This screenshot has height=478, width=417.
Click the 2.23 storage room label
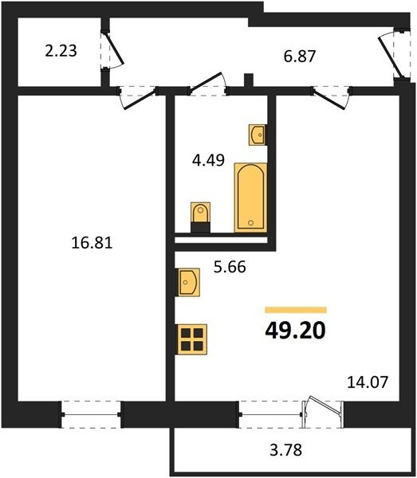[x=61, y=51]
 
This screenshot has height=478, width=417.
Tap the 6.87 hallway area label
[x=300, y=57]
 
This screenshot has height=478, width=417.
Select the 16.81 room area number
[x=92, y=243]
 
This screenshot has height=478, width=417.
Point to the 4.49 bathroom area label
[x=208, y=160]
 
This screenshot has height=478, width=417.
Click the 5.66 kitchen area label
[x=230, y=267]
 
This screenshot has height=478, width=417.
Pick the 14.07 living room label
[x=368, y=382]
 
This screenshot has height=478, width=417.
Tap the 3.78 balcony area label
[x=285, y=450]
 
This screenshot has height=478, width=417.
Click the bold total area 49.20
[x=295, y=331]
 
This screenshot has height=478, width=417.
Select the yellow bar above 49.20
[x=296, y=310]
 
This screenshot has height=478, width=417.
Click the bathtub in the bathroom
[x=250, y=198]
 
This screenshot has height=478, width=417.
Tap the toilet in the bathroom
[x=200, y=217]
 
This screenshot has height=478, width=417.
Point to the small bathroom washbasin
[x=258, y=135]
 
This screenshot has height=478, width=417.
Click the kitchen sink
[x=188, y=282]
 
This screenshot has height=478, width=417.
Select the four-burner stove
[x=192, y=339]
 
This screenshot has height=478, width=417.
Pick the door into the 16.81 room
[x=141, y=99]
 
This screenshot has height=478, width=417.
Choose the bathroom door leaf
[x=205, y=82]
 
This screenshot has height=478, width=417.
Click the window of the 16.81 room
[x=91, y=414]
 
